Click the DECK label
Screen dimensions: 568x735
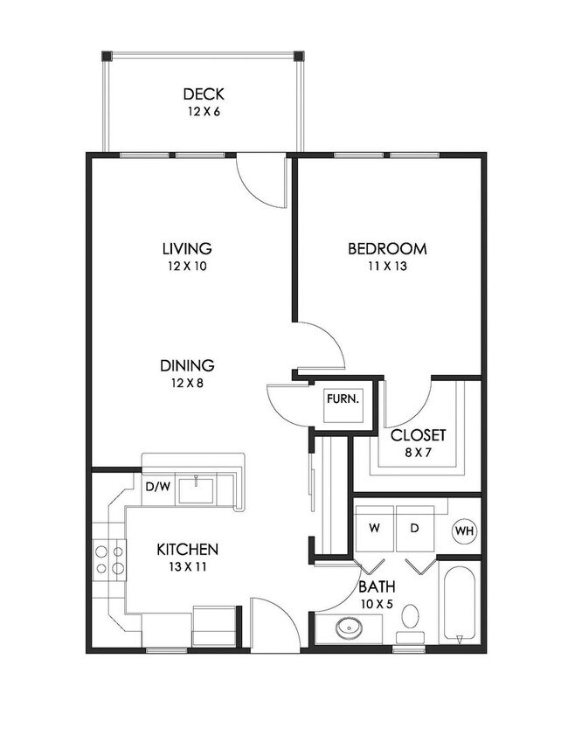click(204, 94)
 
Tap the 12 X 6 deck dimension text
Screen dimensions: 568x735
click(204, 112)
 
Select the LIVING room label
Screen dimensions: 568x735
click(187, 248)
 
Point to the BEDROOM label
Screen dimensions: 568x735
click(387, 248)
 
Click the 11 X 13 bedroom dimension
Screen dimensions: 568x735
click(388, 267)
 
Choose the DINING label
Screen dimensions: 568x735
click(187, 365)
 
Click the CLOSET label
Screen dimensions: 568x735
click(418, 435)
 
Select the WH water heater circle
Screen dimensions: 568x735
click(464, 531)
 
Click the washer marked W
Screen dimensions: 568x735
click(375, 528)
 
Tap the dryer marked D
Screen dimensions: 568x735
click(415, 528)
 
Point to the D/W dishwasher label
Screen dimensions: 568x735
click(158, 487)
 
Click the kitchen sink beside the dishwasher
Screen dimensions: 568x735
click(197, 489)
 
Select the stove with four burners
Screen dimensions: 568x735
click(109, 559)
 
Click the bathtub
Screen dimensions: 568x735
click(459, 604)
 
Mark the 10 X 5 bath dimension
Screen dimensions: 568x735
click(377, 604)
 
